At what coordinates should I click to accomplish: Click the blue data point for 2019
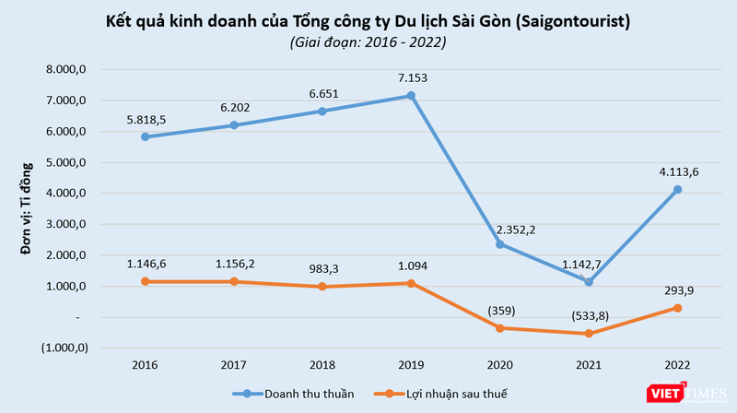coord(411,96)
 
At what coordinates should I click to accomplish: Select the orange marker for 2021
coord(588,334)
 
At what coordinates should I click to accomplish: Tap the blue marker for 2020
coord(499,244)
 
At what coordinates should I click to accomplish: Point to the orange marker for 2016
coord(146,281)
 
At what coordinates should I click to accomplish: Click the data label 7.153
coord(411,78)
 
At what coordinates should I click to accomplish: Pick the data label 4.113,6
coord(676,171)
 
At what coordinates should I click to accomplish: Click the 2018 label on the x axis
coord(322,364)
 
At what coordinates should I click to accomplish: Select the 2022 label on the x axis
coord(676,364)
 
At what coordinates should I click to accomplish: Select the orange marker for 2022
coord(676,308)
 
